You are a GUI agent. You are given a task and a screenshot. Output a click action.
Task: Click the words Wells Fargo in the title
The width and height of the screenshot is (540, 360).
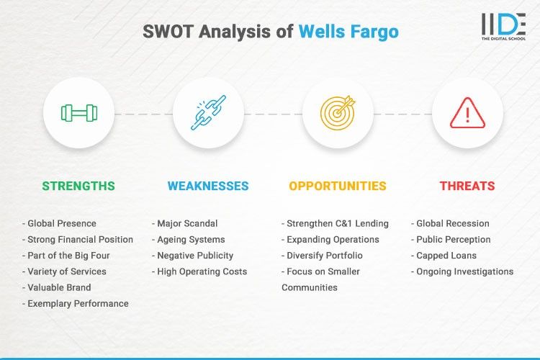coord(348,32)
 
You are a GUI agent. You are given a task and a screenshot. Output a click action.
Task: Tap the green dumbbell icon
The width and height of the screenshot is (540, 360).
coord(78,112)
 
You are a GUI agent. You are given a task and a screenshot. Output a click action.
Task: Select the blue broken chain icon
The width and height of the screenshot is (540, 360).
coord(208,112)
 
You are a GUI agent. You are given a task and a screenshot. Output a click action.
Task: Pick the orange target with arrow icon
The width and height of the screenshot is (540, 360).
coord(338,112)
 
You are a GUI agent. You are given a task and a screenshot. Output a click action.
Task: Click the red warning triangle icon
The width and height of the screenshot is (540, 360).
coord(467,112)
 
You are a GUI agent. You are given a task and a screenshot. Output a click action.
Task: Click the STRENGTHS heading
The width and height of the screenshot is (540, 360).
coord(78,186)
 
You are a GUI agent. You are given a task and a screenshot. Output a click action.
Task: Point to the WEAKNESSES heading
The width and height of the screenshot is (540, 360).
coord(208,186)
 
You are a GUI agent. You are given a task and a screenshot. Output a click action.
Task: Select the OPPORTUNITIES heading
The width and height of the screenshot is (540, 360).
coord(338,186)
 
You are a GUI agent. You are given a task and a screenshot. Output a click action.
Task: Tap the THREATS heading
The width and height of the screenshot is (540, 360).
coord(467,186)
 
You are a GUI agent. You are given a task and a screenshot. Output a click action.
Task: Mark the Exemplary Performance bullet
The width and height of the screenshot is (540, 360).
coord(76,304)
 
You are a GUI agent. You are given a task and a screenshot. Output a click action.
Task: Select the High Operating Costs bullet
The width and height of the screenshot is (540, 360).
coord(199,271)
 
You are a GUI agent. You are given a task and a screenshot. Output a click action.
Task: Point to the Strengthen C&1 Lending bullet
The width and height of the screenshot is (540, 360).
coord(335,223)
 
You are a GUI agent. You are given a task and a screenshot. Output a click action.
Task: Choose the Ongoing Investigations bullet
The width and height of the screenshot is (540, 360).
coord(462,271)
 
